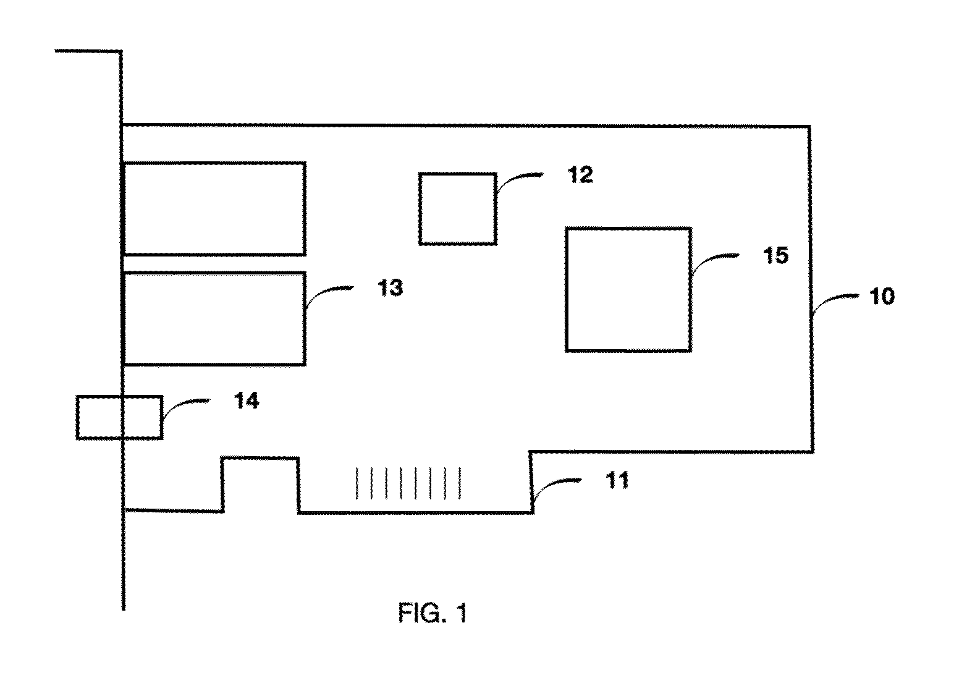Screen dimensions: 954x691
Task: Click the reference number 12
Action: point(580,175)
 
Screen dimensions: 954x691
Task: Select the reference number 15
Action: point(775,256)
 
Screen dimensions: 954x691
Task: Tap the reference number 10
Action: point(882,296)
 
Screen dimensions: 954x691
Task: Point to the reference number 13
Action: point(390,287)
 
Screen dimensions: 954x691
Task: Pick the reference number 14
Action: point(247,401)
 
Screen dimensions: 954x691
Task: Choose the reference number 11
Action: point(617,480)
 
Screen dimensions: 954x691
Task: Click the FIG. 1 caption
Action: point(433,613)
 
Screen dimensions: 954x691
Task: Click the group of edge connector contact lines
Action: point(408,483)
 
